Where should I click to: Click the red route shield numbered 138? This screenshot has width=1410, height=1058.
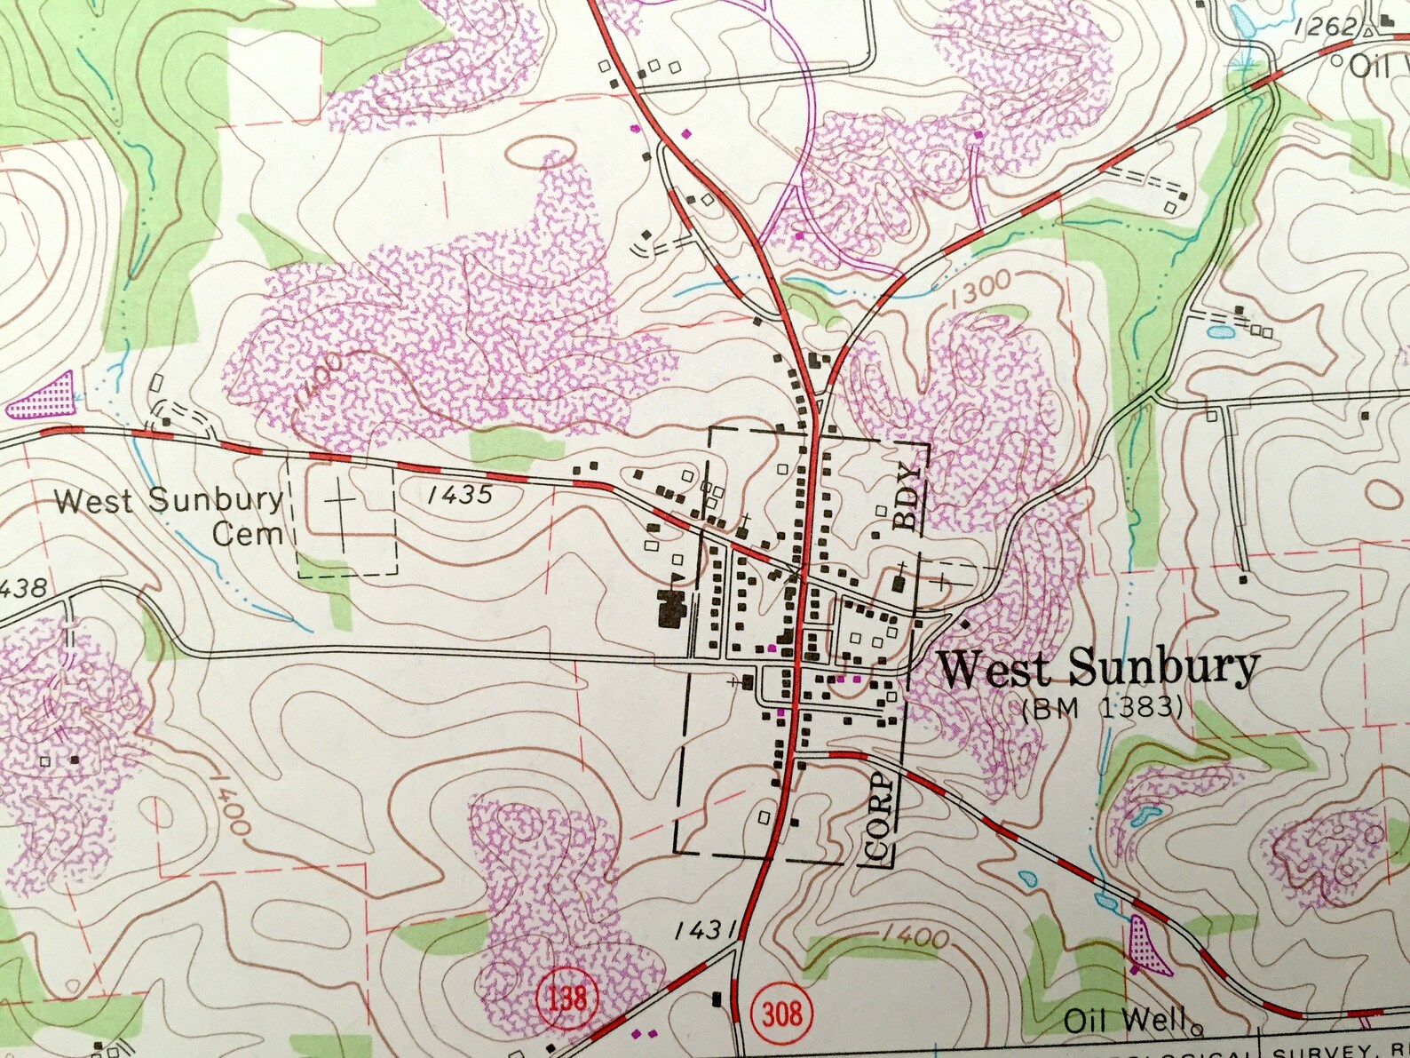(x=566, y=998)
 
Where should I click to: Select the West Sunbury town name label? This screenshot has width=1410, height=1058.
(x=1098, y=668)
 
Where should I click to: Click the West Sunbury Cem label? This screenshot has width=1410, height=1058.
(x=169, y=516)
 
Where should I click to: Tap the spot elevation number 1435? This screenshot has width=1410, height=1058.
(x=460, y=494)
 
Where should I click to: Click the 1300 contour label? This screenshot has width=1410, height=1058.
(x=980, y=290)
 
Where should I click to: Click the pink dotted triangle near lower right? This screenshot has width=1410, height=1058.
(x=1141, y=943)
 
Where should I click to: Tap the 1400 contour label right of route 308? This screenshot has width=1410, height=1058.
(x=917, y=935)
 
